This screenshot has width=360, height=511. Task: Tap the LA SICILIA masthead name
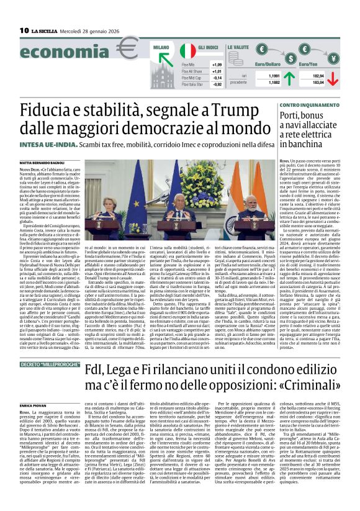click(x=45, y=30)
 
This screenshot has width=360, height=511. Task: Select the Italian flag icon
click(x=187, y=51)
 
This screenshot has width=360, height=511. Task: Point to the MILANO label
click(x=161, y=46)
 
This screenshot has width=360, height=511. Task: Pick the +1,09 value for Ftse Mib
click(x=217, y=65)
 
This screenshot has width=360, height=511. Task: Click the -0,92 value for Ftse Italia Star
click(x=217, y=84)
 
